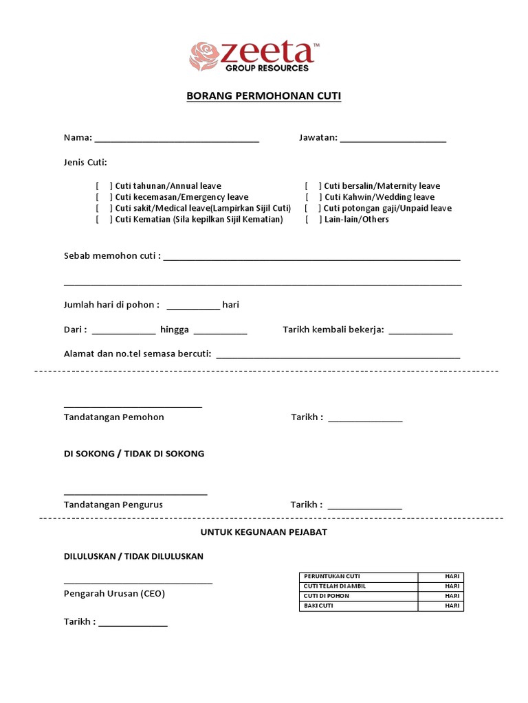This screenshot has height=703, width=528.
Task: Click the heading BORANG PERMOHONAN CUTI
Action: (x=264, y=96)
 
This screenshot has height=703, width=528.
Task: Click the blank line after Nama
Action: (x=177, y=139)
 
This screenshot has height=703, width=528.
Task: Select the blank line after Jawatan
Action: (x=393, y=139)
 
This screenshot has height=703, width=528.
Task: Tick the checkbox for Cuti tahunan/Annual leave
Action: (x=104, y=186)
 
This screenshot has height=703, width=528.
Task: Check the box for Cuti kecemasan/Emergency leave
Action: (x=104, y=197)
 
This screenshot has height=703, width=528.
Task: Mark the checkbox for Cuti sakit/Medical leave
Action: (x=104, y=208)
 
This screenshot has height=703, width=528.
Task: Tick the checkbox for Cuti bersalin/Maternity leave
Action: (x=313, y=186)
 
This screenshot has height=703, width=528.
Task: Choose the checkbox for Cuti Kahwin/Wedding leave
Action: (x=313, y=197)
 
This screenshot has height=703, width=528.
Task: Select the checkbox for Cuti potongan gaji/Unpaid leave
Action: (x=313, y=208)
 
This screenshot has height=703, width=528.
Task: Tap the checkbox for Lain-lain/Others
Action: (x=313, y=219)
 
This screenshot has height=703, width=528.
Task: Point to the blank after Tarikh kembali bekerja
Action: (x=421, y=331)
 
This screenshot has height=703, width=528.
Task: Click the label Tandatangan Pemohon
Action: (x=114, y=417)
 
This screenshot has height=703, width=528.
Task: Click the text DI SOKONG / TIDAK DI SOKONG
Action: (x=134, y=454)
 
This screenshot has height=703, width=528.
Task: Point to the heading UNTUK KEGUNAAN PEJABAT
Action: (x=264, y=532)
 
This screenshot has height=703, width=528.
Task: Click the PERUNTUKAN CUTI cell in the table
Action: (x=358, y=577)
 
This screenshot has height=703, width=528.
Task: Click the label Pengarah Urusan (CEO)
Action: (x=114, y=594)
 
